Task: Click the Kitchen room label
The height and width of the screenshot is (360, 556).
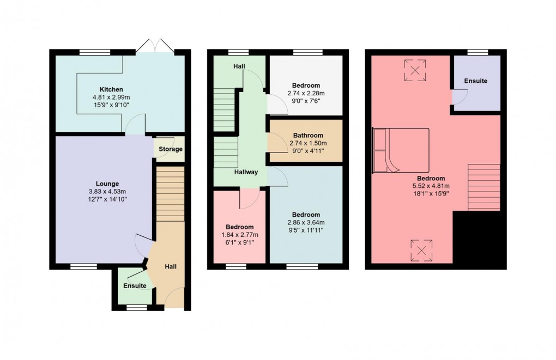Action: [x=111, y=89]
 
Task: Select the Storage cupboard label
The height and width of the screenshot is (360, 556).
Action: [x=171, y=149]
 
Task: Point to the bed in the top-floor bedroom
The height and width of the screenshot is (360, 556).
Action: [x=401, y=150]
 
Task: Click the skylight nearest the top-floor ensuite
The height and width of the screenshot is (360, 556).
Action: [x=415, y=70]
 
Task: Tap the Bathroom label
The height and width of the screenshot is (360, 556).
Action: [x=308, y=136]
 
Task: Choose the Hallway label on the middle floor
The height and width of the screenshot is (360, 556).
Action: [x=246, y=172]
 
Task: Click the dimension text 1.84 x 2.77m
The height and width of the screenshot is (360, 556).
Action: [x=239, y=235]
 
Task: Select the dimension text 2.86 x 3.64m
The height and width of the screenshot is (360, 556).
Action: [x=306, y=222]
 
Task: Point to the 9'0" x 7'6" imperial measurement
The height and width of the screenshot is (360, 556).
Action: [x=306, y=100]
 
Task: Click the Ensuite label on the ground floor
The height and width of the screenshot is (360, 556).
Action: [x=135, y=286]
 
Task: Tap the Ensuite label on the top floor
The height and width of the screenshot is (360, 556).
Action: [x=476, y=81]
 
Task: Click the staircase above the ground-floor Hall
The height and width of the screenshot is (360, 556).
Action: [x=170, y=194]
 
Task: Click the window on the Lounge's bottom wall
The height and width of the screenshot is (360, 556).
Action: [x=83, y=266]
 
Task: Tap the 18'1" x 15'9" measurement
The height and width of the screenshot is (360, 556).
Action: [x=431, y=193]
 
